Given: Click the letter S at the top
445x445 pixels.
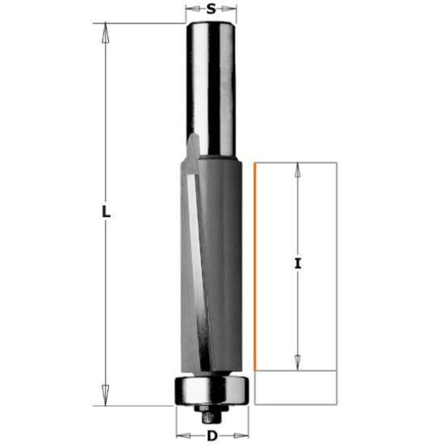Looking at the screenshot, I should [212, 10].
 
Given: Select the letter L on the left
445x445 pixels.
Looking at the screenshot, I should [105, 214].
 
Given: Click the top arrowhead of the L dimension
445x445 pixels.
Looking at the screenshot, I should [105, 28].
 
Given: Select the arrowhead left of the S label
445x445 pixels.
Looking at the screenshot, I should [191, 10].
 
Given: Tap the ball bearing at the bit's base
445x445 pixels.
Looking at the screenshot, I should [211, 392].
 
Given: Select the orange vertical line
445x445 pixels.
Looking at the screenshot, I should [254, 267].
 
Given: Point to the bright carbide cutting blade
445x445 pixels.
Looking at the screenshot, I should [194, 267].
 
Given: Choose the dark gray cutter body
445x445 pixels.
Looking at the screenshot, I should [222, 267].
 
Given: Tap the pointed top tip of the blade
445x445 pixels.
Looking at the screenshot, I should [191, 139].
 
